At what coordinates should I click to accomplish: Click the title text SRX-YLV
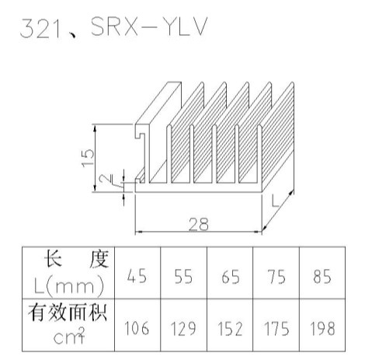point(149,26)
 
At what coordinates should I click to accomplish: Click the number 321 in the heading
point(41,29)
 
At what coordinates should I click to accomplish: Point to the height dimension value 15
point(88,158)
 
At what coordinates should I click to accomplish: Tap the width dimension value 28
point(199,224)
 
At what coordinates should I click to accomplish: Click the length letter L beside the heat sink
point(275,201)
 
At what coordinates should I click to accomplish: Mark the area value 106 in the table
point(137,328)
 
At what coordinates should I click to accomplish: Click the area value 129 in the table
point(183,328)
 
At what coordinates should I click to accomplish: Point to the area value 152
point(230,328)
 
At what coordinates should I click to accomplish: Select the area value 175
point(276,328)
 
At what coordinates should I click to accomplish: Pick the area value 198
point(322,328)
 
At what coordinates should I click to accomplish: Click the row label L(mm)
point(69,287)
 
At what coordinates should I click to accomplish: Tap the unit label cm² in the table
point(69,335)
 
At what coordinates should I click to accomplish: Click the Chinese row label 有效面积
point(68,313)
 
